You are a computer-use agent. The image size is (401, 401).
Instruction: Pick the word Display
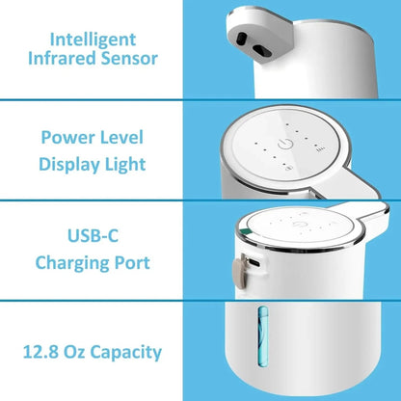pyautogui.click(x=68, y=163)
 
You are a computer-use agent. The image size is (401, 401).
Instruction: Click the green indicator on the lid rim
pyautogui.click(x=245, y=232)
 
